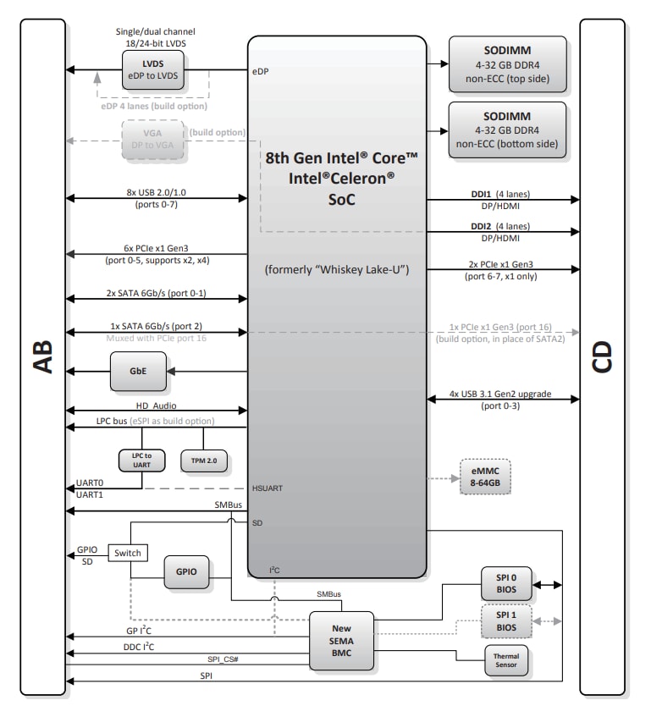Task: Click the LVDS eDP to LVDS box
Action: [152, 69]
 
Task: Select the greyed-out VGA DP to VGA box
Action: [152, 138]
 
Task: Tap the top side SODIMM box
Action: [507, 63]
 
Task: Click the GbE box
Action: [137, 372]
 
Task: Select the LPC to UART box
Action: [141, 461]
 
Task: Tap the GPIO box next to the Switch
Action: [187, 572]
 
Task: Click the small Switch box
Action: [127, 553]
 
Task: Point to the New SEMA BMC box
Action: [342, 641]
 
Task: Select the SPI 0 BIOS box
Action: [507, 584]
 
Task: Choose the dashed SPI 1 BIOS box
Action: [507, 621]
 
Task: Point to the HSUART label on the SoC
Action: [269, 488]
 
